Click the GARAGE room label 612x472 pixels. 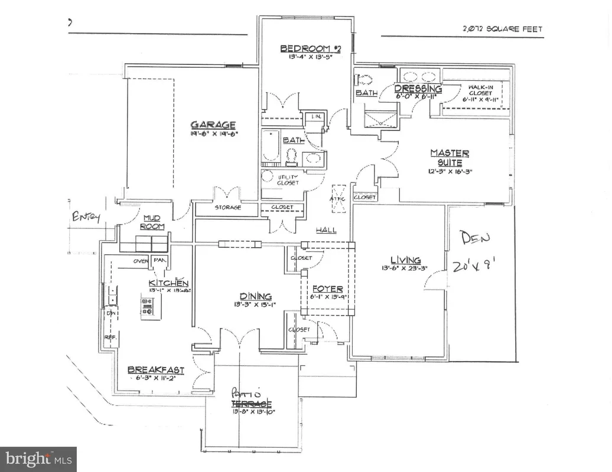[213, 124]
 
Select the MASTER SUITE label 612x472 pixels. [450, 158]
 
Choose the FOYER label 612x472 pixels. [327, 289]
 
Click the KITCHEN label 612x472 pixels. [168, 283]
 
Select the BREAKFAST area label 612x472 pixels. [156, 370]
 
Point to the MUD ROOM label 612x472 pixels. [152, 222]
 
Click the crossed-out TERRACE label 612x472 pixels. [251, 404]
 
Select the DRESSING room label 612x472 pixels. [418, 88]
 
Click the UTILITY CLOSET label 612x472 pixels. [288, 179]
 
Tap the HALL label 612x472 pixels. [325, 230]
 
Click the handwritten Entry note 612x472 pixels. [86, 218]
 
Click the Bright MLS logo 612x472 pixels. [38, 458]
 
